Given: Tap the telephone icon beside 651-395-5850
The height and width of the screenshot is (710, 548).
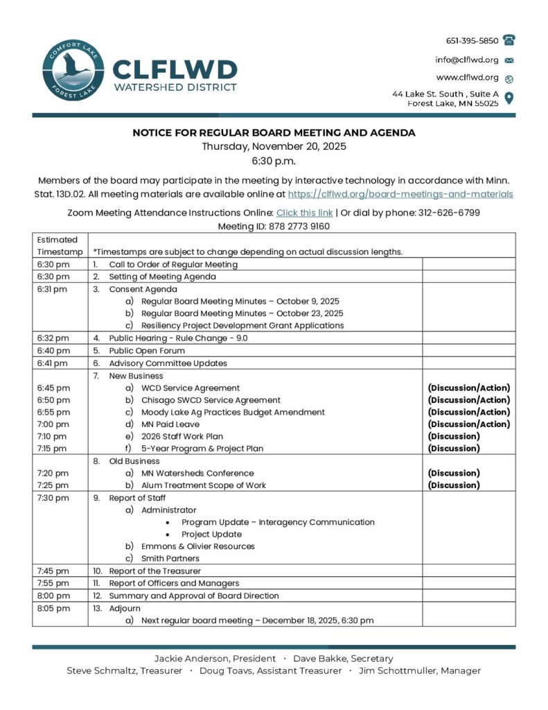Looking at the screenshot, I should click(x=509, y=40).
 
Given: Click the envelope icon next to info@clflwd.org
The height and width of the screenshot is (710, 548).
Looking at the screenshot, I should click(x=509, y=60).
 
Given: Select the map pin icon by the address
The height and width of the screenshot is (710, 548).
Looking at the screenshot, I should click(x=509, y=98).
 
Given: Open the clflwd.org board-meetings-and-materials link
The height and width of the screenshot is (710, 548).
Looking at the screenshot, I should click(x=400, y=195).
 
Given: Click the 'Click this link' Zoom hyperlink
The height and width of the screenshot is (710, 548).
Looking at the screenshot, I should click(x=304, y=213).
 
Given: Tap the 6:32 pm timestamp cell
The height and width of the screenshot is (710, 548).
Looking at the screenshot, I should click(x=53, y=338).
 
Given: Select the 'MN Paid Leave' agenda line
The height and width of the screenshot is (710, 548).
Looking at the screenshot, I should click(x=170, y=424).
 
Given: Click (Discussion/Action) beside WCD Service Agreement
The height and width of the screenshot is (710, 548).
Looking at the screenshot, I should click(x=468, y=388).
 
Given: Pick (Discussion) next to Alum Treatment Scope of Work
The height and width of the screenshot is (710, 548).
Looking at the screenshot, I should click(x=454, y=485).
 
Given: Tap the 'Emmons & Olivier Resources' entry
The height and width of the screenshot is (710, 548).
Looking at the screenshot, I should click(x=197, y=546).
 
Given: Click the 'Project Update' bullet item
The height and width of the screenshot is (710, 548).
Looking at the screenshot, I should click(x=211, y=535).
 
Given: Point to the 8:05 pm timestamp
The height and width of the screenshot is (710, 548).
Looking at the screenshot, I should click(x=53, y=608).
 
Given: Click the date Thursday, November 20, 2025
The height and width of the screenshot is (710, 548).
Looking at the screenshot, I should click(x=274, y=146).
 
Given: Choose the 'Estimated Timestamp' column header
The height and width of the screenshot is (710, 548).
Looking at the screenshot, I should click(x=58, y=245).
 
